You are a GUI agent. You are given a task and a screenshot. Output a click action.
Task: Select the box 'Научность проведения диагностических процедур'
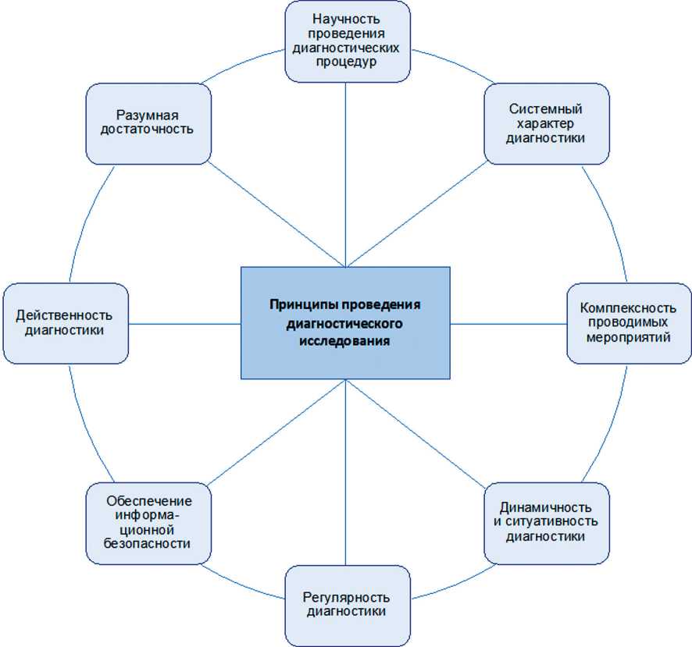pyautogui.click(x=346, y=41)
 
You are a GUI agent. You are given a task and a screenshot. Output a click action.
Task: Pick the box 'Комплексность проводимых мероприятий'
pyautogui.click(x=629, y=323)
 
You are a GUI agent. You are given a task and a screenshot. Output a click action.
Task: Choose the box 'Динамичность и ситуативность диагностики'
pyautogui.click(x=546, y=523)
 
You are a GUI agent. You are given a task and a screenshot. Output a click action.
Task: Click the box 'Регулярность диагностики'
pyautogui.click(x=346, y=605)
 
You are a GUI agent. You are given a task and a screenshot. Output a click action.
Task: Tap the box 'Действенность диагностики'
pyautogui.click(x=65, y=323)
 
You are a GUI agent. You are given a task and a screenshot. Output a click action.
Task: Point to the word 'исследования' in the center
pyautogui.click(x=346, y=341)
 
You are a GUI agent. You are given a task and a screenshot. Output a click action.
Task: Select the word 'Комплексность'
pyautogui.click(x=629, y=309)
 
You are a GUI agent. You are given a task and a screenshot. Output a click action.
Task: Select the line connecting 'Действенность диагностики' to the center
pyautogui.click(x=184, y=323)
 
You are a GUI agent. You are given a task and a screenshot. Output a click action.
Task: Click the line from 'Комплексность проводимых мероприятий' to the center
pyautogui.click(x=508, y=323)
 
